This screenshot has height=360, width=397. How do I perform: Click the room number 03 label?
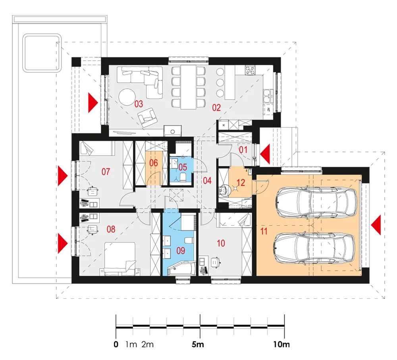click(139, 104)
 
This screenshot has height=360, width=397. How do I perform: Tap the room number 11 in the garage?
click(264, 231)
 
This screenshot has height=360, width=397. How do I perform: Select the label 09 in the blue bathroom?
click(181, 251)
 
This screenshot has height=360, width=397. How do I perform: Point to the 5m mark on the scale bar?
click(198, 344)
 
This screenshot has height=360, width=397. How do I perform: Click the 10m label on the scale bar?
click(281, 344)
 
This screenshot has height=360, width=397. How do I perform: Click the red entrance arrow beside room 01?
click(265, 154)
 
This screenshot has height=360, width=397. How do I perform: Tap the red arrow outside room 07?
click(63, 176)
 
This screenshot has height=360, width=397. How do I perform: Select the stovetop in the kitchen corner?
click(250, 70)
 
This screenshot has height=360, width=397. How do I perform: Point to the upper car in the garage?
click(316, 202)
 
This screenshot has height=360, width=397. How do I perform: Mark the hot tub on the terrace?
click(42, 53)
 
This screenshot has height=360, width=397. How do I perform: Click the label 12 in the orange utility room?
click(241, 182)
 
